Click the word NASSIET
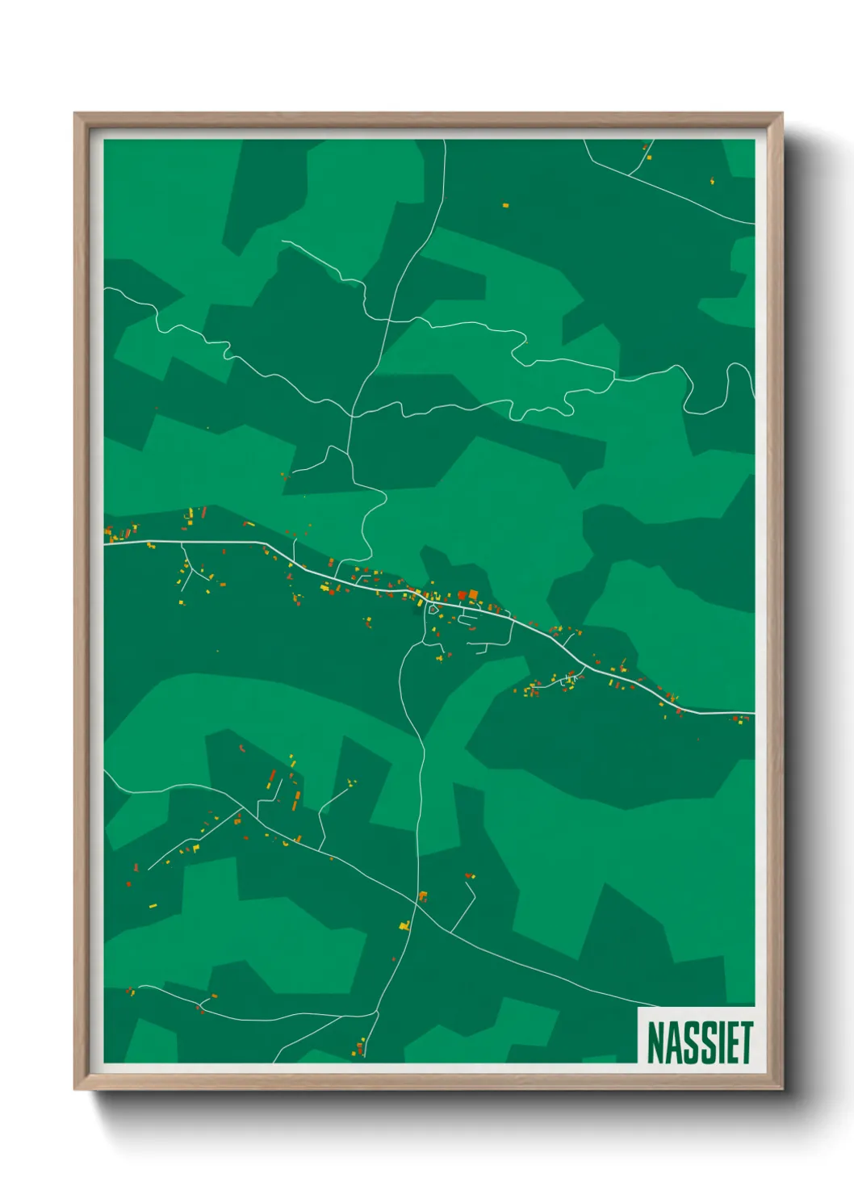(x=699, y=1042)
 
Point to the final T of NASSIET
(x=747, y=1042)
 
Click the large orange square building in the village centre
(x=473, y=594)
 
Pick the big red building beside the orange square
(x=462, y=596)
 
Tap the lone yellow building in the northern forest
(x=506, y=205)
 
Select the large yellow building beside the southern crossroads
(x=405, y=925)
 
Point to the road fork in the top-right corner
(x=630, y=174)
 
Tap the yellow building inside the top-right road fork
(x=648, y=157)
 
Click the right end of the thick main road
(x=753, y=714)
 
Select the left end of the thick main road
(x=106, y=543)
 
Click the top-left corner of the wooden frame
(x=75, y=114)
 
